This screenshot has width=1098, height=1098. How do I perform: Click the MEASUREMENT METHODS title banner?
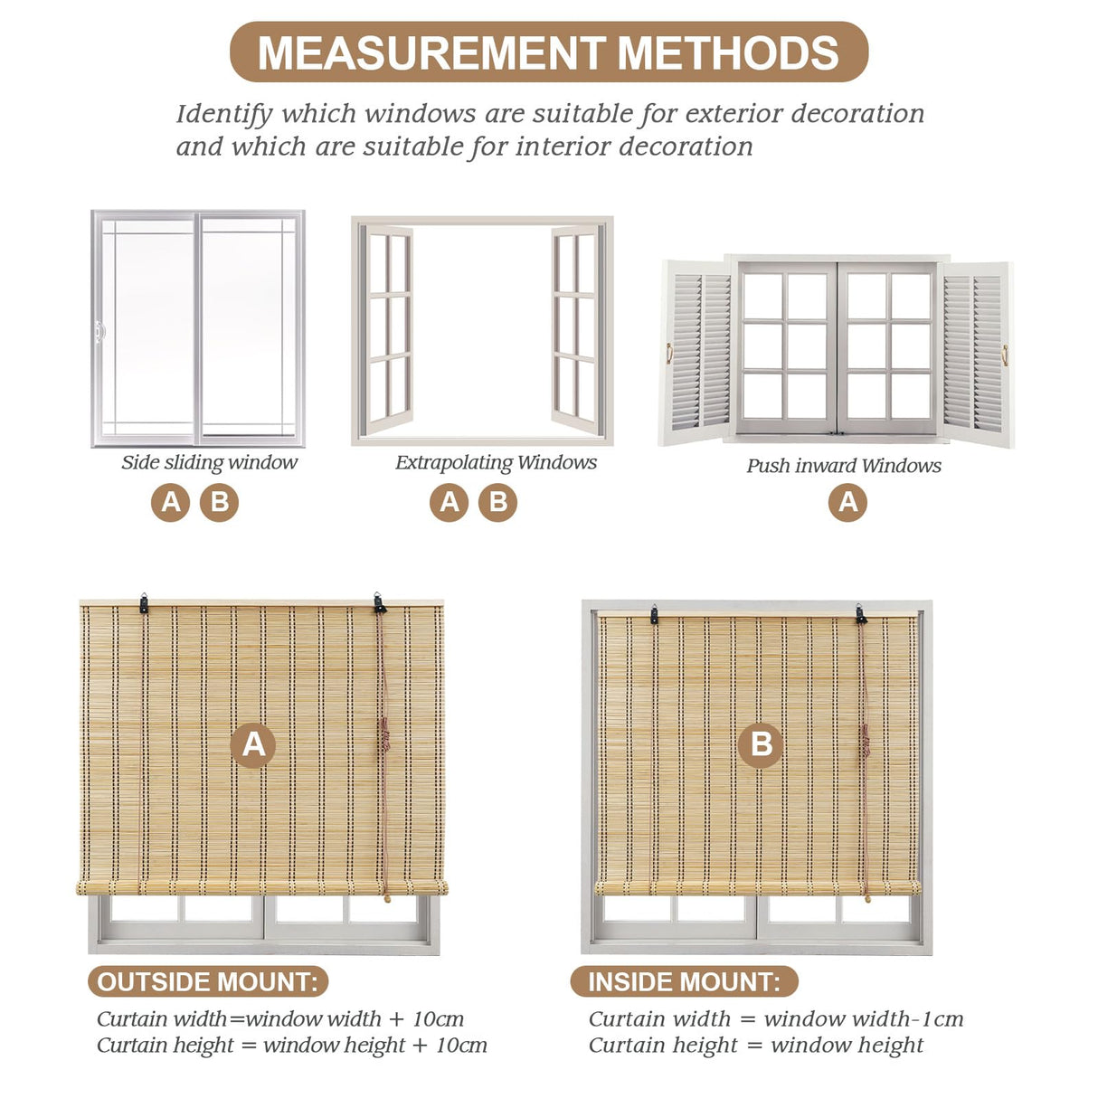pyautogui.click(x=548, y=52)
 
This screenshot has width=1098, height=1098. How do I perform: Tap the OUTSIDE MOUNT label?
pyautogui.click(x=207, y=982)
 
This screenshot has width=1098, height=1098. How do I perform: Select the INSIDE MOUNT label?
pyautogui.click(x=683, y=982)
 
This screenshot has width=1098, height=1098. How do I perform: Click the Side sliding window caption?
pyautogui.click(x=209, y=462)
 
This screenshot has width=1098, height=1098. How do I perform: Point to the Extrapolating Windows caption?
pyautogui.click(x=496, y=462)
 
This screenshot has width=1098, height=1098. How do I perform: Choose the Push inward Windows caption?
pyautogui.click(x=843, y=466)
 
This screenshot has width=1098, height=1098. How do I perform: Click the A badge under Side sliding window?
pyautogui.click(x=170, y=502)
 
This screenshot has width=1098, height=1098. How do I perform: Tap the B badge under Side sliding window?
pyautogui.click(x=219, y=502)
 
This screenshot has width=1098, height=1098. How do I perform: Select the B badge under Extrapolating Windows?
pyautogui.click(x=497, y=502)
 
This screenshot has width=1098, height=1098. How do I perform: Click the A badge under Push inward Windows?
pyautogui.click(x=847, y=502)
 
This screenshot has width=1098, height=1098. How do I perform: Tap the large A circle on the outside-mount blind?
pyautogui.click(x=253, y=744)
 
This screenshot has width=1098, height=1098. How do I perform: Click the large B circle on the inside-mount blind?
pyautogui.click(x=761, y=744)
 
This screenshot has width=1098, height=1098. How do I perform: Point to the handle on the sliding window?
pyautogui.click(x=99, y=332)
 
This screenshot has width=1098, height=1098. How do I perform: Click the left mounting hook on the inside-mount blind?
pyautogui.click(x=654, y=616)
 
